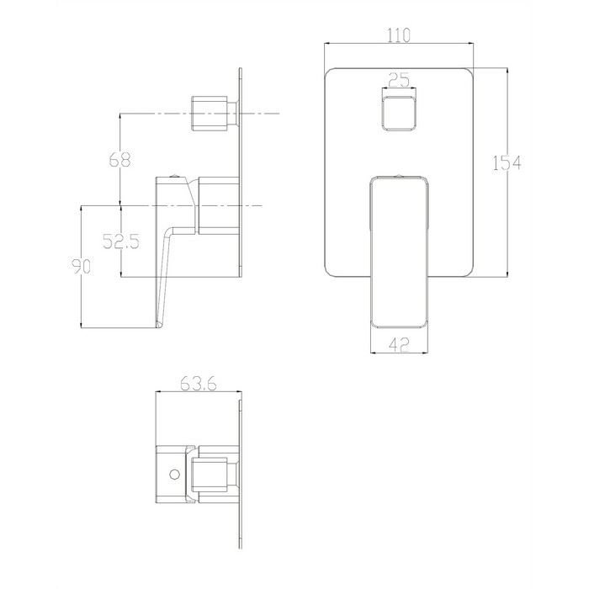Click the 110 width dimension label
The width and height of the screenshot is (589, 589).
[x=400, y=35]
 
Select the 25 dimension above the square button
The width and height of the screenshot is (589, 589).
[x=400, y=80]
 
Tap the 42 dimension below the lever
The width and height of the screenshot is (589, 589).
[x=400, y=343]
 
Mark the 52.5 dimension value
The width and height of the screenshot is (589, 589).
[x=121, y=241]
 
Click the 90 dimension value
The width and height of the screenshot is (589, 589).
[x=80, y=267]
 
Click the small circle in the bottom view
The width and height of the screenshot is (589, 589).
[x=174, y=474]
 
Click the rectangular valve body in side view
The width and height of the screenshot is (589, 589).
[x=216, y=204]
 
